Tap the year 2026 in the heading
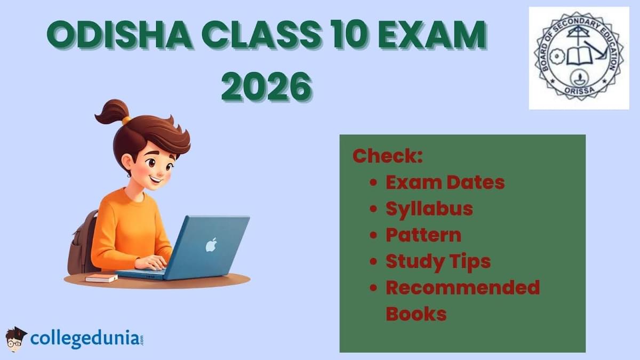(266, 85)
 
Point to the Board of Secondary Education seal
(579, 58)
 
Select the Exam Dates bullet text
(445, 182)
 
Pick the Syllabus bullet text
(429, 209)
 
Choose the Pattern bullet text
(423, 235)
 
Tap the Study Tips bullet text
(438, 261)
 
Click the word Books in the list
(416, 314)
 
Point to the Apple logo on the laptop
(212, 245)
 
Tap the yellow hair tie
(126, 121)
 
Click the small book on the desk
(101, 278)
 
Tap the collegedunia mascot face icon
(16, 339)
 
